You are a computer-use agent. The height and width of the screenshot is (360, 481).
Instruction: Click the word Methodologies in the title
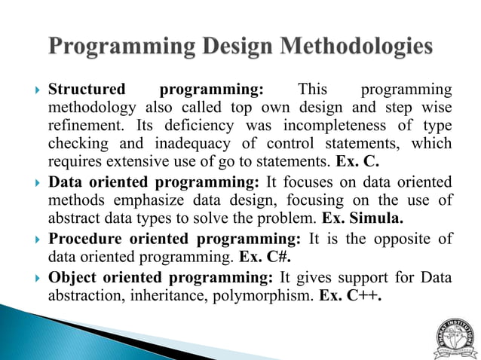coord(358,46)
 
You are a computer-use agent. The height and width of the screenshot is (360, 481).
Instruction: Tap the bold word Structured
coord(86,90)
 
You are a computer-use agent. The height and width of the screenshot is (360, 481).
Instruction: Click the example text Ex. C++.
coord(351,295)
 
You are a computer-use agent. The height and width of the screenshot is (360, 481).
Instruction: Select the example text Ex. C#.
coord(265,258)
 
